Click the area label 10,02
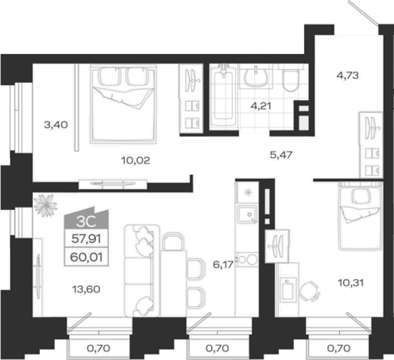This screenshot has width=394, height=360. (x=136, y=160)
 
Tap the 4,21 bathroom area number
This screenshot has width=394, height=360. (x=261, y=106)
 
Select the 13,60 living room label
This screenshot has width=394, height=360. (x=86, y=289)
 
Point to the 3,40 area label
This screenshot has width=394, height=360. (x=56, y=124)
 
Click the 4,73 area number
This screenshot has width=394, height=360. (x=347, y=75)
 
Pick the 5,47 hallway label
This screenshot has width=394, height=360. (x=281, y=155)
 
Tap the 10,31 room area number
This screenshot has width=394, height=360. (x=351, y=283)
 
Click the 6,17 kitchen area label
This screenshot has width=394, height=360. (x=223, y=265)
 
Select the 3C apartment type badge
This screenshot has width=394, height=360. (x=86, y=218)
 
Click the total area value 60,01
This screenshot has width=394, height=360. (x=86, y=257)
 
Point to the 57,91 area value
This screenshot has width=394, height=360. (x=86, y=239)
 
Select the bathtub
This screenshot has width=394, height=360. (x=223, y=97)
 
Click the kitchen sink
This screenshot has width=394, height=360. (x=247, y=214)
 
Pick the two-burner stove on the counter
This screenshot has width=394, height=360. (x=247, y=259)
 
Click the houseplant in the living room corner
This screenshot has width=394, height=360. (x=45, y=205)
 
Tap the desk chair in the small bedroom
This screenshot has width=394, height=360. (x=309, y=291)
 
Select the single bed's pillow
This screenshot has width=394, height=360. (x=361, y=196)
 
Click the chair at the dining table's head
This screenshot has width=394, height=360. (x=173, y=242)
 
